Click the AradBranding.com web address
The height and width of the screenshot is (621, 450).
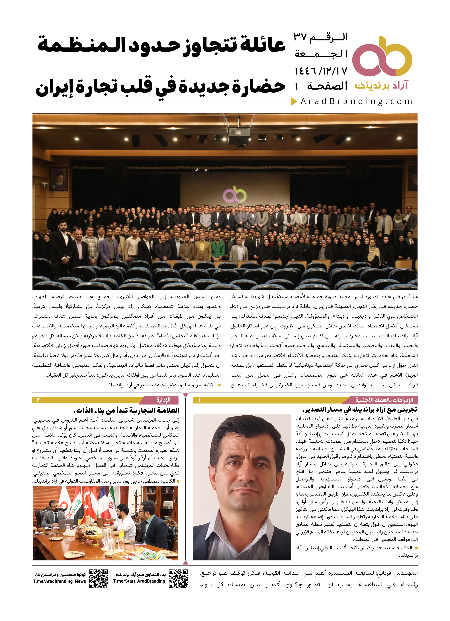pyautogui.click(x=356, y=102)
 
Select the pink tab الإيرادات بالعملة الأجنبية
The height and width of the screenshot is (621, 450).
pyautogui.click(x=384, y=400)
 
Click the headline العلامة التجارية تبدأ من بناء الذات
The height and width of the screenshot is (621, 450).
pyautogui.click(x=127, y=410)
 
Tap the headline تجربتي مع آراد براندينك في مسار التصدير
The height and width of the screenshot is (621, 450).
pyautogui.click(x=360, y=410)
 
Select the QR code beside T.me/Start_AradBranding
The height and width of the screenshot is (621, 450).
pyautogui.click(x=178, y=579)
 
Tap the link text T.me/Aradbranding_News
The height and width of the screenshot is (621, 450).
pyautogui.click(x=60, y=581)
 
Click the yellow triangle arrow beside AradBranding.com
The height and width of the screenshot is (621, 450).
pyautogui.click(x=294, y=102)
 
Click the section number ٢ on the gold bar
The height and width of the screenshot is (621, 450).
pyautogui.click(x=38, y=400)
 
